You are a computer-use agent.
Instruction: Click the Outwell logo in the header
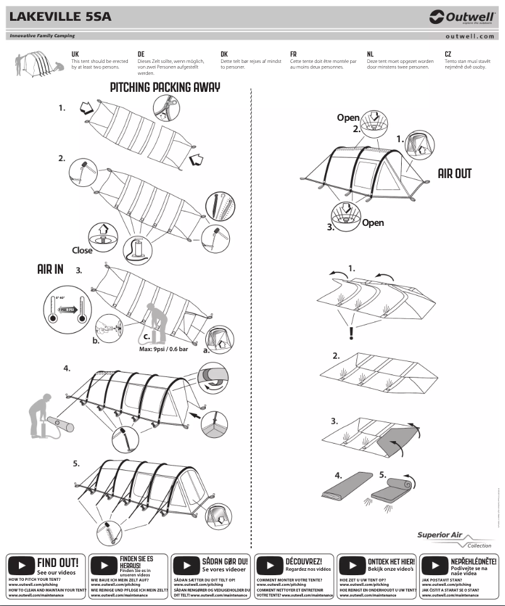[x=462, y=17]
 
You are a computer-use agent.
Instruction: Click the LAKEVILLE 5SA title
[x=60, y=17]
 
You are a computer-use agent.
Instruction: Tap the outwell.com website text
[x=470, y=36]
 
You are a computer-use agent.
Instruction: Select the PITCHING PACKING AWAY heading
[x=165, y=87]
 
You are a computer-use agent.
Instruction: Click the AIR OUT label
[x=455, y=173]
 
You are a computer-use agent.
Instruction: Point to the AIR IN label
[x=50, y=269]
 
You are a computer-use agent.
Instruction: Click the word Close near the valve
[x=82, y=250]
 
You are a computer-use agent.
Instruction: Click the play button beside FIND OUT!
[x=21, y=564]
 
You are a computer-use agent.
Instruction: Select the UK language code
[x=75, y=55]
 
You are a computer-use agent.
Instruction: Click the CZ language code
[x=448, y=55]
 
